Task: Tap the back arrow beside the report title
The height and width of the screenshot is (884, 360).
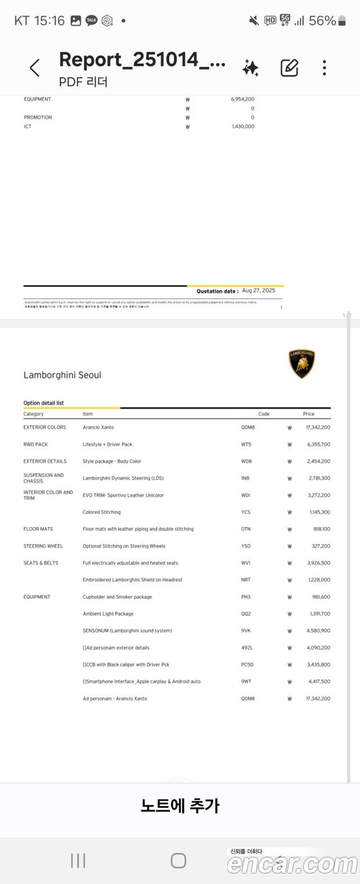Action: pos(35,68)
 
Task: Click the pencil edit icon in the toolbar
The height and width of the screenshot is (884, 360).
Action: pos(289,68)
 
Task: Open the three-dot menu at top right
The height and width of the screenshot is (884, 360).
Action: pos(325,68)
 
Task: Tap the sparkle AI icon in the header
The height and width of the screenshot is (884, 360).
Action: pos(250,68)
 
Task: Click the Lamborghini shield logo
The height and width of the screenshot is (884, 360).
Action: pos(302,364)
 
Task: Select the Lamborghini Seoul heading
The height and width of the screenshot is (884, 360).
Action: pos(62,375)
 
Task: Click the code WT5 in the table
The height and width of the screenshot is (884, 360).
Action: pos(246,445)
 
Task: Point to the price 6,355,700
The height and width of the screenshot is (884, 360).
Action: pos(318,445)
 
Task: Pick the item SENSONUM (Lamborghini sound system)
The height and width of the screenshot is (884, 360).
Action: pos(127,631)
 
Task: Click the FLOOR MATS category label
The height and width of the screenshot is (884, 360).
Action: pos(38,529)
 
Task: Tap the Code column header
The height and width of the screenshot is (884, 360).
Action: pos(264,414)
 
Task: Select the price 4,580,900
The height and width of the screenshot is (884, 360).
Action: pos(318,631)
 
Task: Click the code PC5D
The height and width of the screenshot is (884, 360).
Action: pos(247,665)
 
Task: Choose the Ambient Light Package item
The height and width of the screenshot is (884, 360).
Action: pos(108,614)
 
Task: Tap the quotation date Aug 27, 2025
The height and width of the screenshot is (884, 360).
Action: pos(259,291)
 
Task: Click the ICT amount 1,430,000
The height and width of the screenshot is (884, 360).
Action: pos(243,127)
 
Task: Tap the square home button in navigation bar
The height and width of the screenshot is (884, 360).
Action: pos(178,860)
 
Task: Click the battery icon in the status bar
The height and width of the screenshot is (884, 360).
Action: pos(342,21)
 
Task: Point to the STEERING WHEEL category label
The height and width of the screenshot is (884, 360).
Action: pos(43,546)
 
